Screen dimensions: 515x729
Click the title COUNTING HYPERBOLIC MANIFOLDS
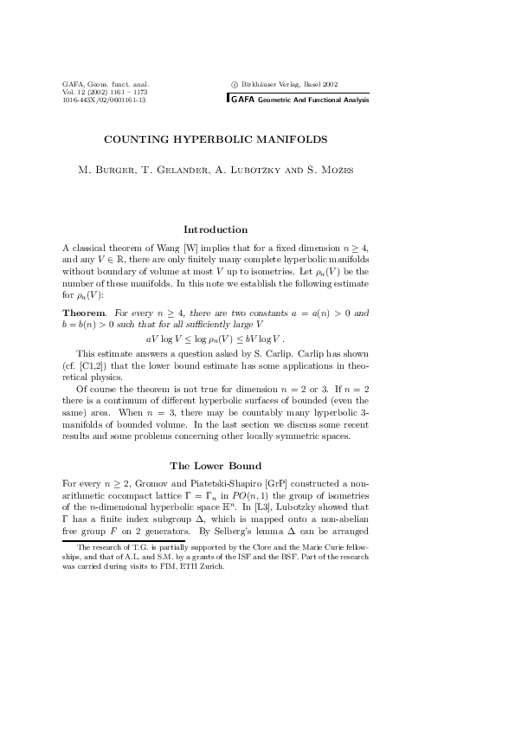[216, 138]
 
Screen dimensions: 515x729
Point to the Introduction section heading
[216, 229]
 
